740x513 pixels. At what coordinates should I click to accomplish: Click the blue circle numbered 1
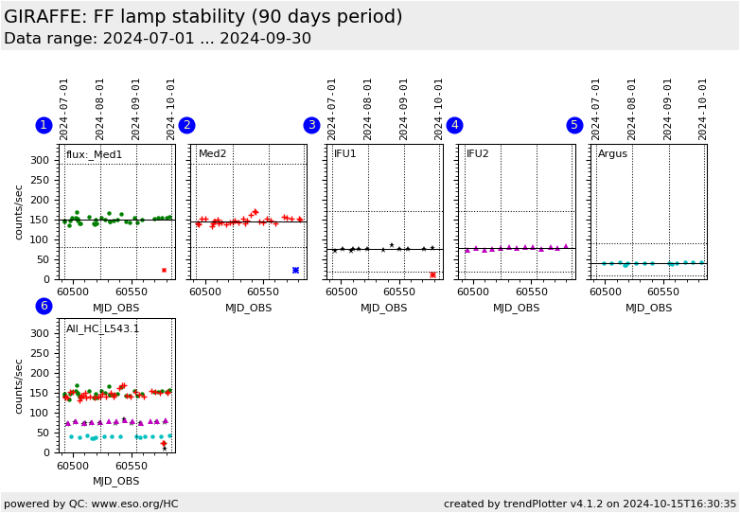(x=44, y=125)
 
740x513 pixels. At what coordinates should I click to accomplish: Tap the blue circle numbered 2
(x=186, y=125)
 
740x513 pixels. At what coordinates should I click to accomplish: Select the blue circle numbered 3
(x=311, y=125)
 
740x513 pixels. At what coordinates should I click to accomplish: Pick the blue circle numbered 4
(x=454, y=125)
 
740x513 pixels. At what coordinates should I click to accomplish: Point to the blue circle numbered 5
(x=574, y=125)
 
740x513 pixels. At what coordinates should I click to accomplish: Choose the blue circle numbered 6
(x=44, y=306)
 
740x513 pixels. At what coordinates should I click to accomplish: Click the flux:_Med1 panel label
(x=94, y=154)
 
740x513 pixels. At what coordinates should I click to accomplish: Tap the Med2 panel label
(x=213, y=154)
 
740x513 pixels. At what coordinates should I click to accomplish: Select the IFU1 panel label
(x=345, y=154)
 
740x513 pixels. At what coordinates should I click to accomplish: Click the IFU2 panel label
(x=478, y=154)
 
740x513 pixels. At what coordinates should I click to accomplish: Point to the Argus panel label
(x=612, y=154)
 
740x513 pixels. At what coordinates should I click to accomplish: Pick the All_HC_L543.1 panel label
(x=102, y=329)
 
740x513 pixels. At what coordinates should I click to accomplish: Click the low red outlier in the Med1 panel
(x=164, y=270)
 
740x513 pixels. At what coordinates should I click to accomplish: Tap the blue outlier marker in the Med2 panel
(x=295, y=270)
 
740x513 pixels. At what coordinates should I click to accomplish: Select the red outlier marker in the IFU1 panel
(x=432, y=274)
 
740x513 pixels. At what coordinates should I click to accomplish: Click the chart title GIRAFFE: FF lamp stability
(x=203, y=17)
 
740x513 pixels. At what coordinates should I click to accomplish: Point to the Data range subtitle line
(x=157, y=39)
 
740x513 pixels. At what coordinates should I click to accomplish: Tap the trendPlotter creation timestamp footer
(x=590, y=504)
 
